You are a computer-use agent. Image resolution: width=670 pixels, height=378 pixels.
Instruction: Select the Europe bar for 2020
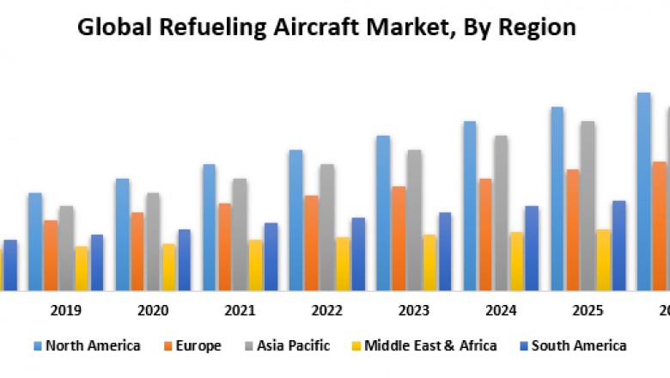pyautogui.click(x=137, y=250)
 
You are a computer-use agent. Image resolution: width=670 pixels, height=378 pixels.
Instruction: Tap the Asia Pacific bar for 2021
pyautogui.click(x=240, y=234)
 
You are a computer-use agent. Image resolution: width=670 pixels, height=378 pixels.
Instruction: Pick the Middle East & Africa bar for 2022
pyautogui.click(x=343, y=263)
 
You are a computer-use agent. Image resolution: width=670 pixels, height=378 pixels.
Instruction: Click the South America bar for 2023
pyautogui.click(x=445, y=251)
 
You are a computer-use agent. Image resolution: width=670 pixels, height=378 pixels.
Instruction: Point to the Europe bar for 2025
pyautogui.click(x=573, y=229)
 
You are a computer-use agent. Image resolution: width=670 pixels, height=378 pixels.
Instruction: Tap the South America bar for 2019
pyautogui.click(x=97, y=262)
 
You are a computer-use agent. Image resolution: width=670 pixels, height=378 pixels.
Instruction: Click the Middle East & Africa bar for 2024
pyautogui.click(x=517, y=260)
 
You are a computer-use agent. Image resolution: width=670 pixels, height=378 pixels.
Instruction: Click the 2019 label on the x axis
pyautogui.click(x=66, y=310)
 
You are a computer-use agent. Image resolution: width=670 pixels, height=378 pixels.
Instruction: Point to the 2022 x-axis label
pyautogui.click(x=327, y=310)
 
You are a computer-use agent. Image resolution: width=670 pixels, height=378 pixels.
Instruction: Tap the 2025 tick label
pyautogui.click(x=588, y=310)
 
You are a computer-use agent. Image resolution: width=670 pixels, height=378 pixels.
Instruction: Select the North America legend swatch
pyautogui.click(x=37, y=346)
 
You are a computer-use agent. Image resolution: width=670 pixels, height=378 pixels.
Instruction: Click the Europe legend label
pyautogui.click(x=198, y=346)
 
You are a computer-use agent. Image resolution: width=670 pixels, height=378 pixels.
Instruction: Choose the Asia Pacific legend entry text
pyautogui.click(x=294, y=346)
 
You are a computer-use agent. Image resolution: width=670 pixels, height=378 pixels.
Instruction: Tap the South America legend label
pyautogui.click(x=579, y=346)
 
